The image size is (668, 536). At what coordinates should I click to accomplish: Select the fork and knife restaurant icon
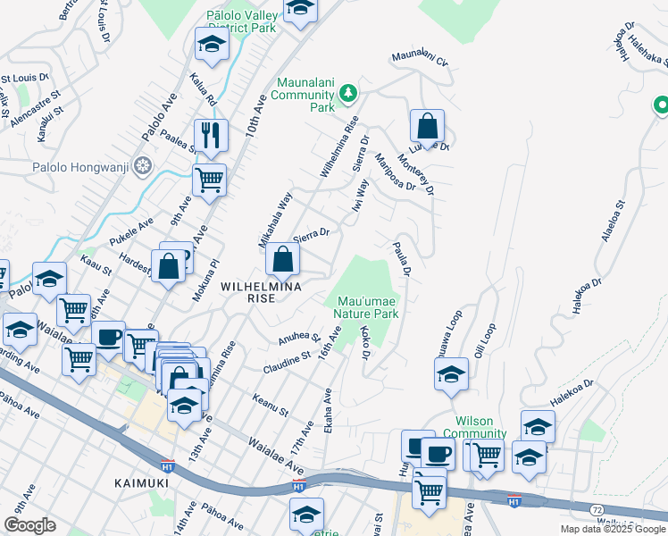(211, 135)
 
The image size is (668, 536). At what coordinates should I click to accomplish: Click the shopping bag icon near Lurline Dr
(428, 125)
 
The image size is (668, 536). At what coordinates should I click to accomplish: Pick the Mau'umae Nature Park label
(365, 307)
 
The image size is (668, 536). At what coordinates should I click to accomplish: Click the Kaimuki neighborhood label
(142, 482)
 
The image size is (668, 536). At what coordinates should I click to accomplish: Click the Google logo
(29, 524)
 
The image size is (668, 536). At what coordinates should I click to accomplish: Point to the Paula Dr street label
(402, 257)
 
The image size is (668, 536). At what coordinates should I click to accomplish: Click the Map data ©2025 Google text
(613, 529)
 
